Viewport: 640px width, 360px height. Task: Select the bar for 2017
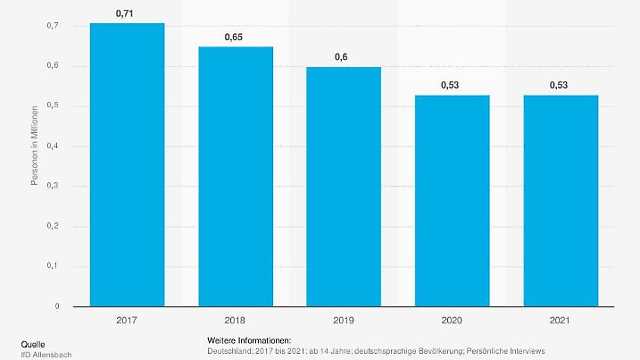click(127, 164)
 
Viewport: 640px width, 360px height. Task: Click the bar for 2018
click(236, 176)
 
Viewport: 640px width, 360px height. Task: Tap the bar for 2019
click(344, 187)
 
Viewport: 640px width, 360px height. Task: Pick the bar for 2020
click(453, 200)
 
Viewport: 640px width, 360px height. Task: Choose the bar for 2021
click(561, 200)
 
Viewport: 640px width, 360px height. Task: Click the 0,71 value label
click(127, 14)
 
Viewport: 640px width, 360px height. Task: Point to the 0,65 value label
click(236, 38)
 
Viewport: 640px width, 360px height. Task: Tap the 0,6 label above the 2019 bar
click(344, 58)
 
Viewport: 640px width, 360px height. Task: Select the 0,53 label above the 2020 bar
click(453, 86)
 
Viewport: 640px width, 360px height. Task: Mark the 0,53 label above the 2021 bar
click(561, 86)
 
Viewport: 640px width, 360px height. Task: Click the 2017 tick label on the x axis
click(127, 319)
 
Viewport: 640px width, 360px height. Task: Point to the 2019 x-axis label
click(344, 319)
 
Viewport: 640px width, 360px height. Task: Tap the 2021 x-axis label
click(561, 319)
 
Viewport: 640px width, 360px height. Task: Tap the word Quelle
click(34, 344)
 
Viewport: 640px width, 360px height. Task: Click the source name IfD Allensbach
click(46, 355)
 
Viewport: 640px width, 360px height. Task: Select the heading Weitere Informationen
click(249, 341)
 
